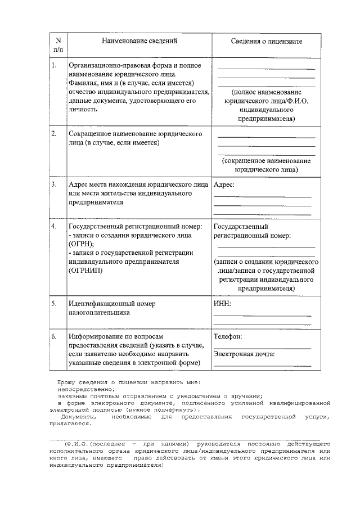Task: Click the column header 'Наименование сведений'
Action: pos(139,42)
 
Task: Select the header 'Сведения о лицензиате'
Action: pos(267,42)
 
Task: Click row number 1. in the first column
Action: pos(54,65)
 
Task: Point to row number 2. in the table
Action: pos(54,134)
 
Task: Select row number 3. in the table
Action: pos(54,184)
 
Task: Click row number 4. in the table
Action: pos(54,227)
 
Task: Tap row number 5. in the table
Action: pos(54,304)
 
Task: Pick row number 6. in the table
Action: pos(54,336)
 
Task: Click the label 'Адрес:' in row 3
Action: pos(224,184)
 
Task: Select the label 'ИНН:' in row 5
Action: pos(223,304)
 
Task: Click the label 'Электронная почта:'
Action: pos(244,354)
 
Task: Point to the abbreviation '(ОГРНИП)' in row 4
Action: pos(85,271)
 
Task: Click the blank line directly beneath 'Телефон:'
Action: pos(262,348)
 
